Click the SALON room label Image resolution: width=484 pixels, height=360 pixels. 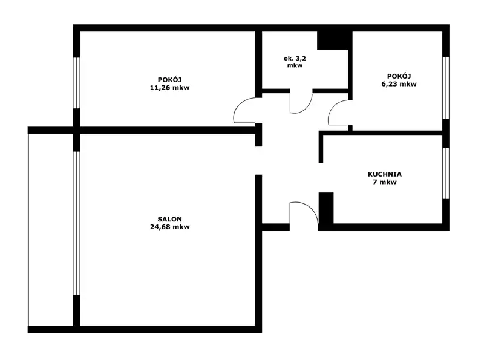[169, 219]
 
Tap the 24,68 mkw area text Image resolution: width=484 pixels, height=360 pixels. [170, 227]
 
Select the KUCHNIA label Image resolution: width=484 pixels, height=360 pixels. [385, 174]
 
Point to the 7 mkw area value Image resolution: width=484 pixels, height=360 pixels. [385, 182]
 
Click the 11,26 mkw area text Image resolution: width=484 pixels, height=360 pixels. [170, 87]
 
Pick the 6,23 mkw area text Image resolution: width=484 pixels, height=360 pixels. [399, 84]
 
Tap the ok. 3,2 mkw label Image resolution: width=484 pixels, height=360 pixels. [295, 62]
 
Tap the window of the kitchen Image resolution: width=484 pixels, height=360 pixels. [445, 174]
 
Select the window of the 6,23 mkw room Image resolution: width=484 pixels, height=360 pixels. [445, 88]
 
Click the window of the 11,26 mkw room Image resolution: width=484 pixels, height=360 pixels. [77, 83]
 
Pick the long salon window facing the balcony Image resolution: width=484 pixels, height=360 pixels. [77, 223]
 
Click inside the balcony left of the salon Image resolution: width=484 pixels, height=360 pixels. [51, 229]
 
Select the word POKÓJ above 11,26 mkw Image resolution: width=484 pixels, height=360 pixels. [170, 80]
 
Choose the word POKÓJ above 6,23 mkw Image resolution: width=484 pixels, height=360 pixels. [399, 76]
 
